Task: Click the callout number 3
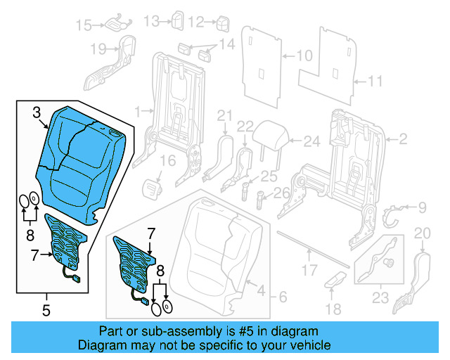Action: [37, 111]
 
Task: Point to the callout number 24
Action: [311, 141]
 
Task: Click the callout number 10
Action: [304, 55]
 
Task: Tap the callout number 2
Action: [403, 140]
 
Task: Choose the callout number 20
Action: [423, 233]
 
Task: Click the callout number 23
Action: [380, 297]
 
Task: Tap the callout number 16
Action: [167, 161]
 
